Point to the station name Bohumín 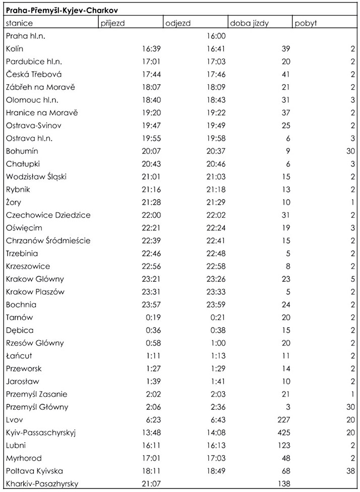coord(22,151)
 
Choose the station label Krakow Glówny coord(35,279)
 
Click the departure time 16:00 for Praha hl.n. coord(216,36)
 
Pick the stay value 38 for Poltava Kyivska coord(350,471)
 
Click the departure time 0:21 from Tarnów coord(218,318)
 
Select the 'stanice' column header coord(20,23)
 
